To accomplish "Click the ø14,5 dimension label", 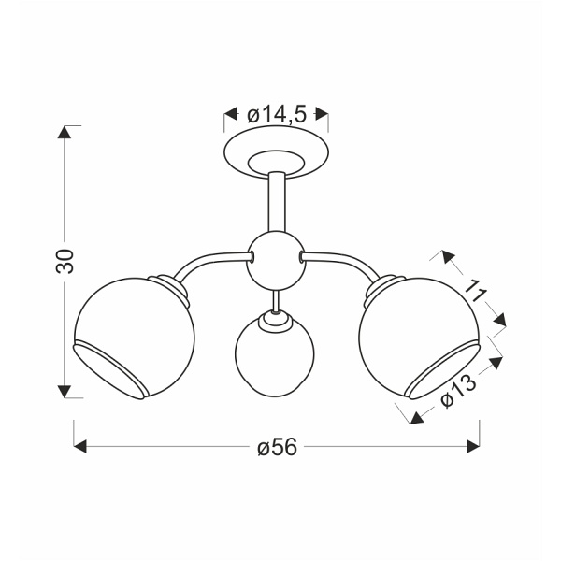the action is click(277, 115).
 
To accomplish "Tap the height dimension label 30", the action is click(65, 261).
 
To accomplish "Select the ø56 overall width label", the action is click(278, 447).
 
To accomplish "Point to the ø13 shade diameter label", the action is click(459, 391).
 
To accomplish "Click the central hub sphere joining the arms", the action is click(276, 260).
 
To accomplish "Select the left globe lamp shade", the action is click(134, 338).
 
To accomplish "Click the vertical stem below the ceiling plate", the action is click(277, 201).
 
